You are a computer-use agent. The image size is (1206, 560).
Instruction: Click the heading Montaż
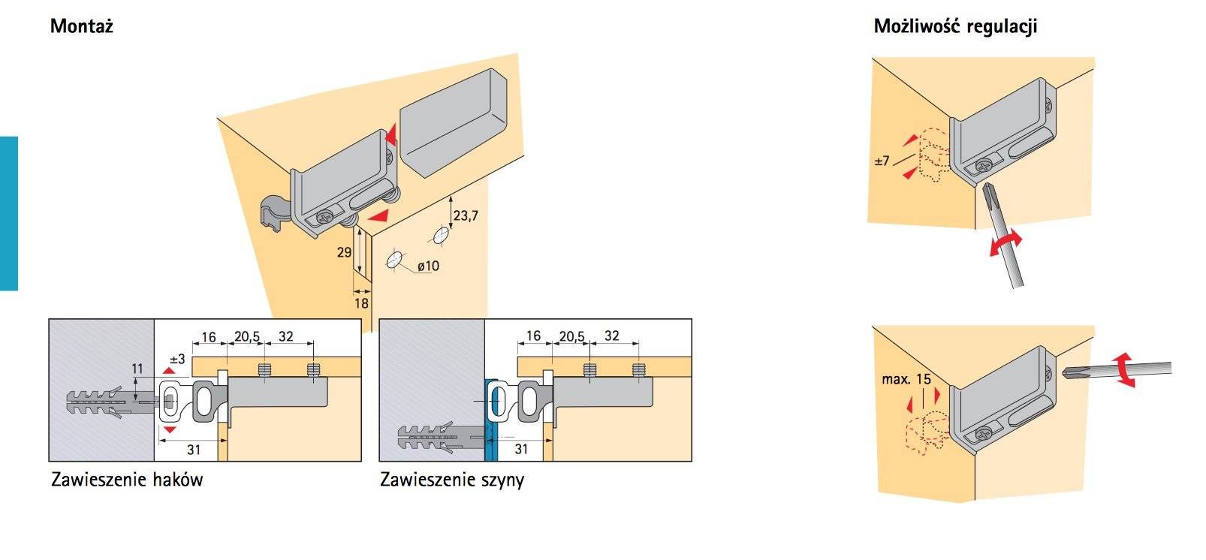coord(81,27)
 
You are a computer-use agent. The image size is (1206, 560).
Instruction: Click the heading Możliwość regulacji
coord(955,27)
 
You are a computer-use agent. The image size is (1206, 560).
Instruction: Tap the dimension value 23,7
coord(466,216)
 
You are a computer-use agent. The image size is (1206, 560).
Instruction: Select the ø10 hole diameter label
coord(427,266)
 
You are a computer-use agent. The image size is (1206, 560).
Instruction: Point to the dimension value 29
coord(344,252)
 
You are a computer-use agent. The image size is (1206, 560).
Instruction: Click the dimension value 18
coord(361,303)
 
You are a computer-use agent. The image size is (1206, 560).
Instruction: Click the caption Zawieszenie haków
coord(127,479)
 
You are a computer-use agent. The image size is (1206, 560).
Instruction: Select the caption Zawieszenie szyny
coord(452,479)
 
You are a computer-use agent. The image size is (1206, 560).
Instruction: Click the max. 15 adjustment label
coord(906,378)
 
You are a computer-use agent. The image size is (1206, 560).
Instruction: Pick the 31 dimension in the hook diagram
coord(194,449)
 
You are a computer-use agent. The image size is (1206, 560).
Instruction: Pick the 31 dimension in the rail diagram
coord(521,449)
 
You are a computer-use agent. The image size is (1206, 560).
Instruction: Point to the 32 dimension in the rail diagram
coord(612,336)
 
